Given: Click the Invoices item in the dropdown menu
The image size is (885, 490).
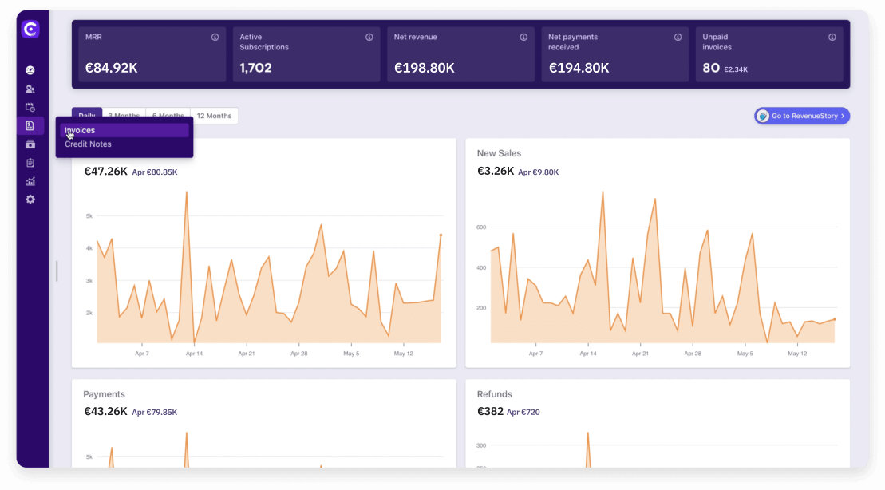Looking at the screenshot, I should pyautogui.click(x=80, y=130).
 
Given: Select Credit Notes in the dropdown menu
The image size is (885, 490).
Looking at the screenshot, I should pyautogui.click(x=88, y=144).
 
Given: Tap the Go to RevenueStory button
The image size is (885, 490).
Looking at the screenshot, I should pyautogui.click(x=802, y=116).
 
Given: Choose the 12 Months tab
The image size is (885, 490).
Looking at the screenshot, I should pyautogui.click(x=214, y=116).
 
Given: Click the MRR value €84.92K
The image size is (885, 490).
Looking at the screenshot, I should pyautogui.click(x=110, y=68).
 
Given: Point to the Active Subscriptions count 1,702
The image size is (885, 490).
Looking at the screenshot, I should pyautogui.click(x=255, y=68).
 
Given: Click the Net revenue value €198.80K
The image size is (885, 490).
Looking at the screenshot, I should pyautogui.click(x=425, y=68).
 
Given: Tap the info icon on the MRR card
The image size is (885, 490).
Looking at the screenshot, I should pyautogui.click(x=215, y=37).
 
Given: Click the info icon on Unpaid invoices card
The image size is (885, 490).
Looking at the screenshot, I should pyautogui.click(x=832, y=37).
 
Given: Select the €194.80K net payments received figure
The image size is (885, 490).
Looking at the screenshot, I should pyautogui.click(x=579, y=68).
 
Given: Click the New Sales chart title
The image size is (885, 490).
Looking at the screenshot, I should pyautogui.click(x=499, y=153).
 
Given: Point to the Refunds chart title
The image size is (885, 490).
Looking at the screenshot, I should pyautogui.click(x=495, y=394).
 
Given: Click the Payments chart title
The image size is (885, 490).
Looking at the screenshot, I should pyautogui.click(x=104, y=394).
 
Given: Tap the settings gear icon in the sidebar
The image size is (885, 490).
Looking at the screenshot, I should pyautogui.click(x=30, y=200).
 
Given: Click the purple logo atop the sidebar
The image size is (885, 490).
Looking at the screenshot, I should pyautogui.click(x=30, y=30).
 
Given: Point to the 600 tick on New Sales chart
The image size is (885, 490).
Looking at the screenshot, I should pyautogui.click(x=481, y=227).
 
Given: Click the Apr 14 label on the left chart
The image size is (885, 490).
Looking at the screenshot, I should pyautogui.click(x=193, y=353).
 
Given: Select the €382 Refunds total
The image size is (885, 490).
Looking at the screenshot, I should pyautogui.click(x=490, y=411).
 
